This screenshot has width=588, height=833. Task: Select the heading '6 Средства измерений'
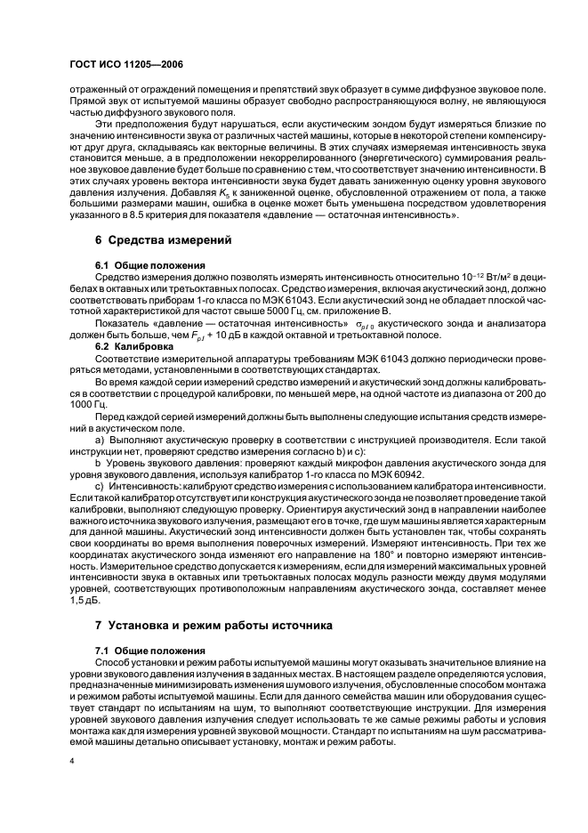151,239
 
